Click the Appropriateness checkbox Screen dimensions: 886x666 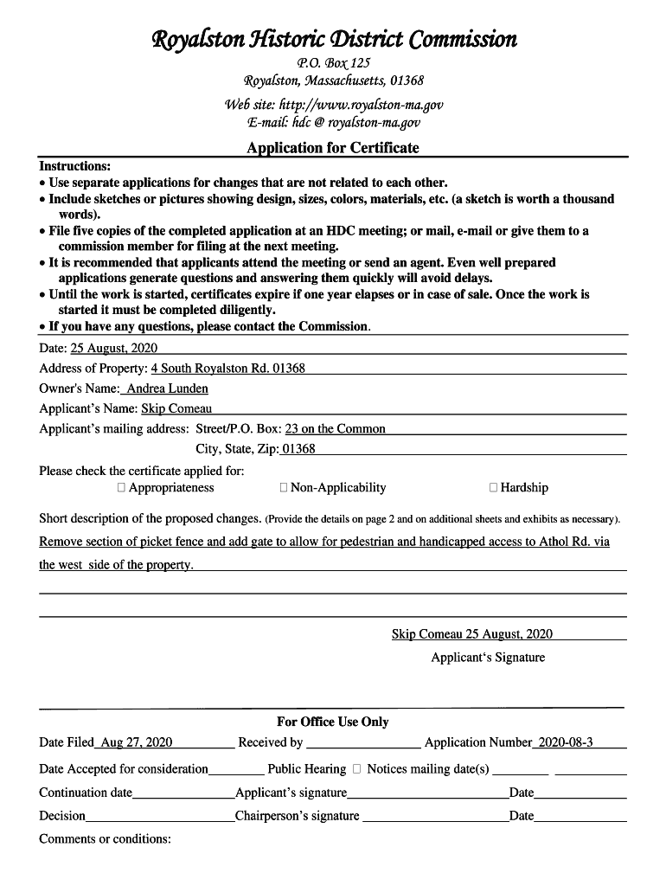pyautogui.click(x=121, y=488)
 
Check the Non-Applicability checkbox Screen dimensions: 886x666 pyautogui.click(x=284, y=488)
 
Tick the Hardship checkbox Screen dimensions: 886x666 pyautogui.click(x=493, y=488)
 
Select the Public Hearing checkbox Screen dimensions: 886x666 pyautogui.click(x=356, y=769)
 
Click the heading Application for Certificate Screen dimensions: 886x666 pyautogui.click(x=332, y=148)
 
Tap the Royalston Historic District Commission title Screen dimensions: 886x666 pyautogui.click(x=334, y=39)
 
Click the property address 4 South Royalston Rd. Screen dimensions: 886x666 pyautogui.click(x=228, y=369)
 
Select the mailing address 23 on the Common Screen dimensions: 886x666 pyautogui.click(x=336, y=429)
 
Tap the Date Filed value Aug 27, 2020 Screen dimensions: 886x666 pyautogui.click(x=137, y=742)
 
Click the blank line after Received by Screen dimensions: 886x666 pyautogui.click(x=363, y=744)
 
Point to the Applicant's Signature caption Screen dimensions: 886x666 pyautogui.click(x=488, y=658)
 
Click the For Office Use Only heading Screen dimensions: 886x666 pyautogui.click(x=333, y=722)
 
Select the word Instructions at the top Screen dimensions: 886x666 pyautogui.click(x=74, y=165)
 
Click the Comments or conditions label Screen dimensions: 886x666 pyautogui.click(x=105, y=838)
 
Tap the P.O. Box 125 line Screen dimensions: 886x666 pyautogui.click(x=333, y=62)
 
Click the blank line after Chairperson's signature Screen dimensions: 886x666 pyautogui.click(x=435, y=818)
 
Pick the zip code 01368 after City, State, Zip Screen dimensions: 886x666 pyautogui.click(x=299, y=449)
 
